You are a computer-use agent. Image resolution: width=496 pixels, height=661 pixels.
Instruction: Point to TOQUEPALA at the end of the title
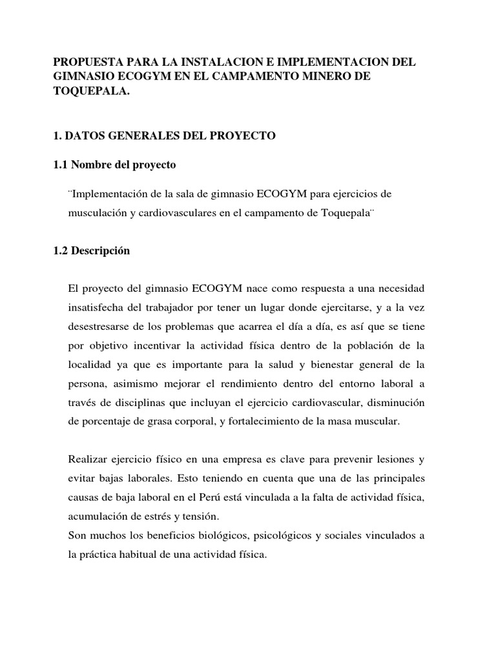click(91, 92)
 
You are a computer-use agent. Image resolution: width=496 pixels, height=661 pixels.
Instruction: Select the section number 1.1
click(61, 165)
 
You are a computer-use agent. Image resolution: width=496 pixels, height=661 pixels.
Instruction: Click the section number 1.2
click(61, 251)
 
